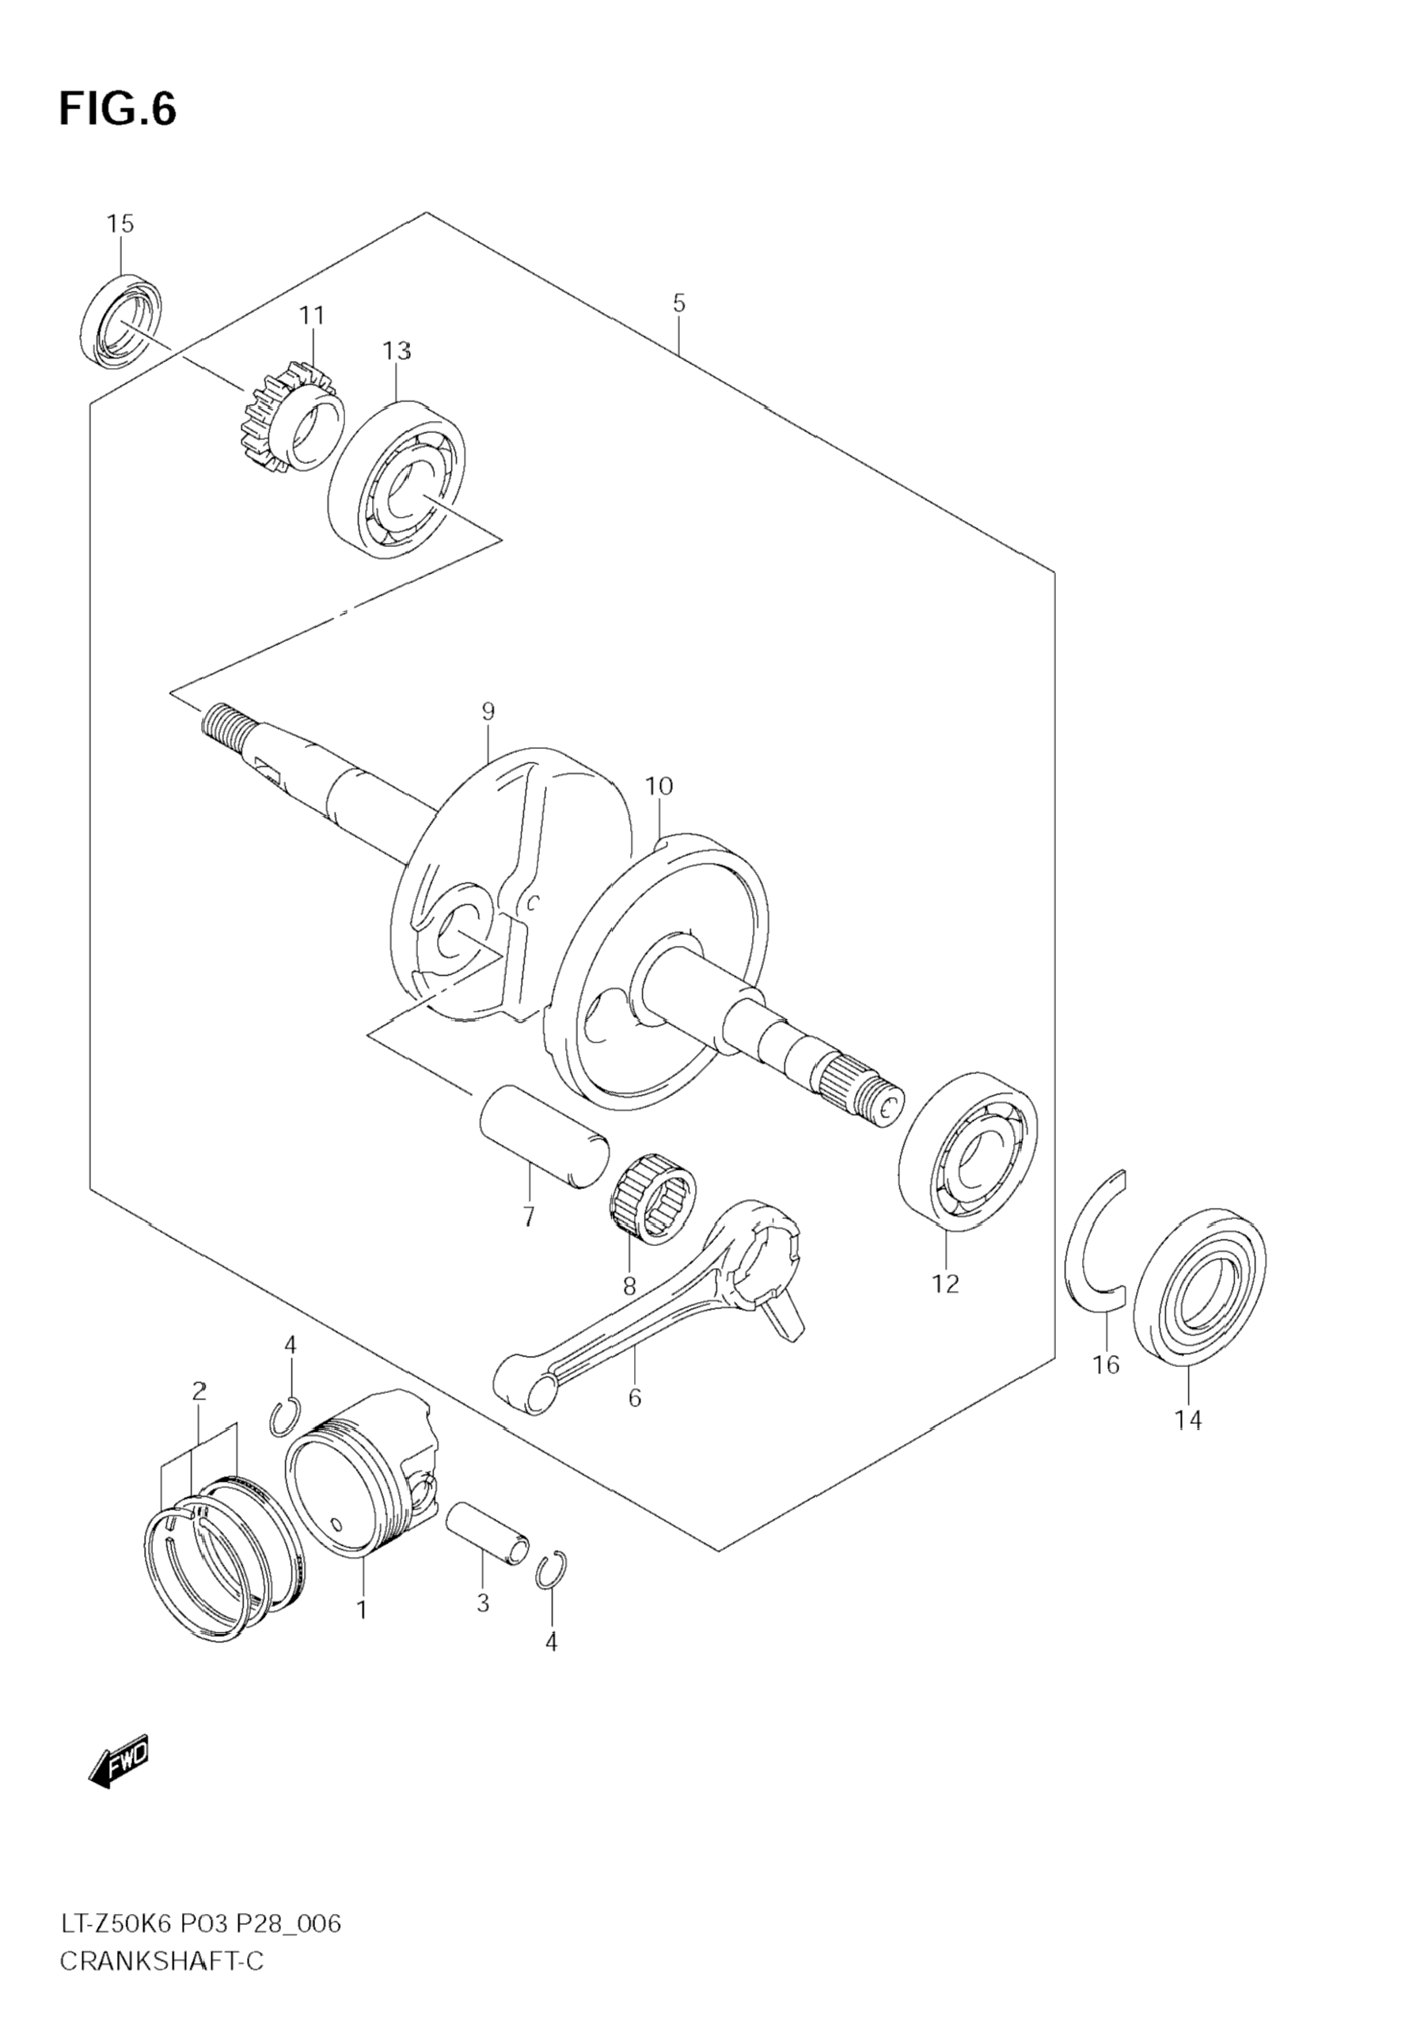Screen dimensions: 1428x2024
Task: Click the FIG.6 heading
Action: [117, 109]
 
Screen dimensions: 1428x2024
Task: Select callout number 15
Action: [121, 224]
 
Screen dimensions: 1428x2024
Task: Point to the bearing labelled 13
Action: [397, 479]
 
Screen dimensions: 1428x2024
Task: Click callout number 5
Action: [678, 303]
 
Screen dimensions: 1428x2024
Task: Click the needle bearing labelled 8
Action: [653, 1198]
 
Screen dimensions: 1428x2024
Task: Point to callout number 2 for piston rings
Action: [199, 1392]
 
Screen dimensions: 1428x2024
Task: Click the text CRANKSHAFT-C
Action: [162, 1979]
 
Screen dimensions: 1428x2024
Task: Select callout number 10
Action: [659, 785]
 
